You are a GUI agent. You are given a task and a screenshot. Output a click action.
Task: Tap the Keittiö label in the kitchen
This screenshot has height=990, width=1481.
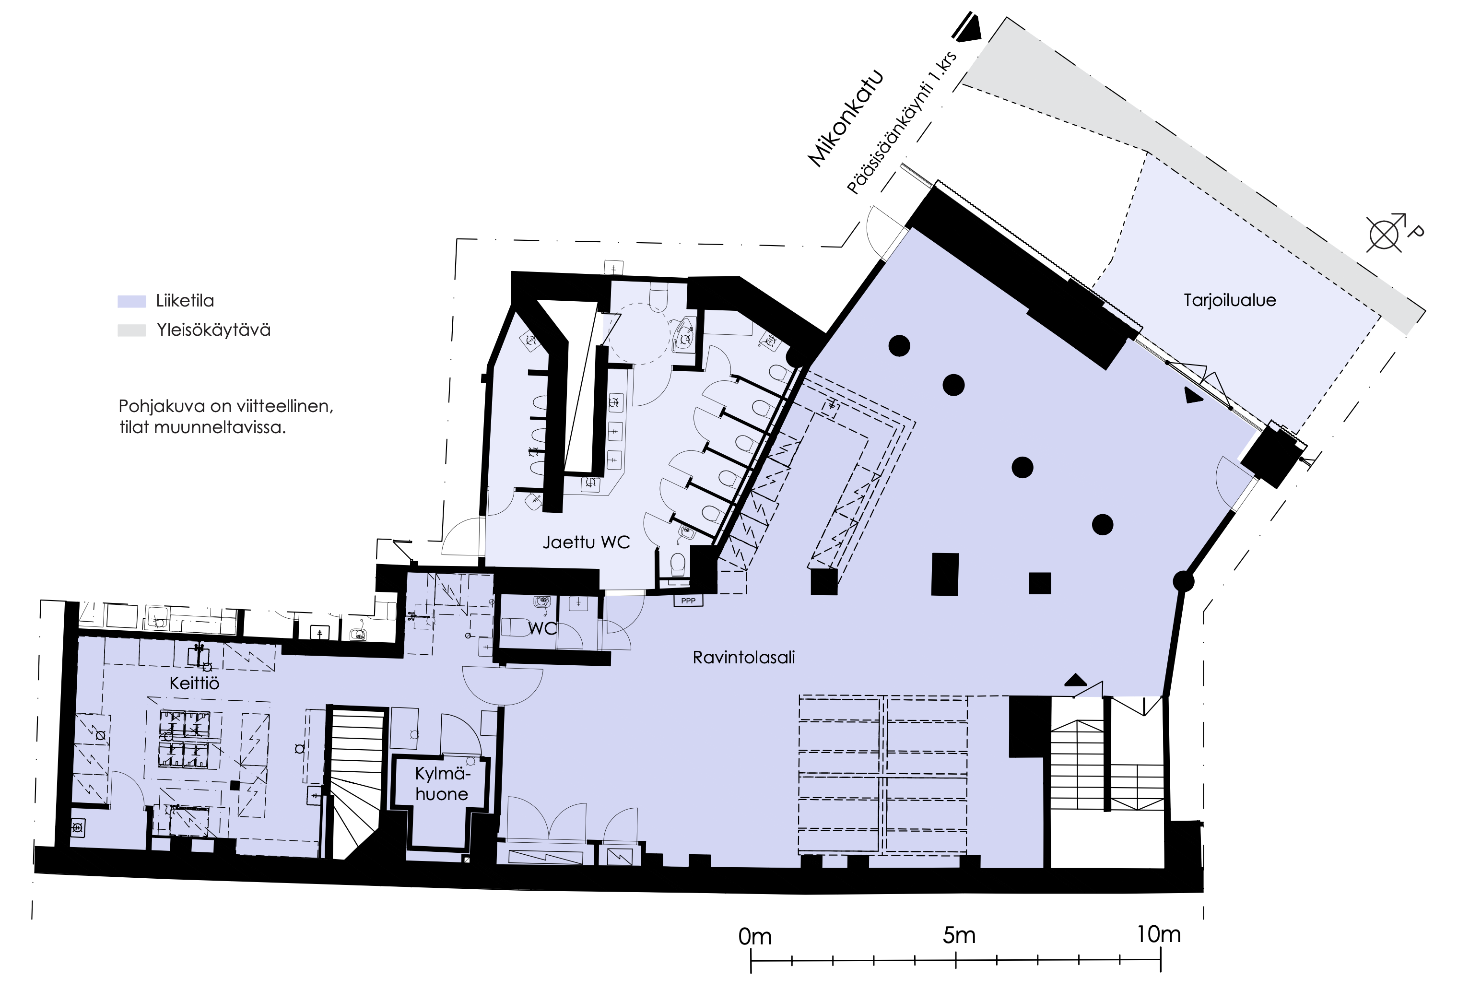pyautogui.click(x=194, y=683)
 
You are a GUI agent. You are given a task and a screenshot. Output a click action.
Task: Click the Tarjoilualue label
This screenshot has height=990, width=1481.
pyautogui.click(x=1230, y=300)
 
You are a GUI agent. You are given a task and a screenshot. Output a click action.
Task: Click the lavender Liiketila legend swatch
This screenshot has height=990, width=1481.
pyautogui.click(x=131, y=301)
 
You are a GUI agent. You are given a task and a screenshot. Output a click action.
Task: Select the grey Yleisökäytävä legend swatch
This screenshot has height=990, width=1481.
pyautogui.click(x=131, y=330)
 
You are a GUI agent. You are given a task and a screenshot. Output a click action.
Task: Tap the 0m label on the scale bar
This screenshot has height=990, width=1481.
pyautogui.click(x=755, y=936)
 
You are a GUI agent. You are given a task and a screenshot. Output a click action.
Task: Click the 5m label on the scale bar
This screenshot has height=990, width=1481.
pyautogui.click(x=959, y=935)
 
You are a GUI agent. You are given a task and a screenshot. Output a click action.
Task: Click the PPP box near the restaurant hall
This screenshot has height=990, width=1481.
pyautogui.click(x=688, y=601)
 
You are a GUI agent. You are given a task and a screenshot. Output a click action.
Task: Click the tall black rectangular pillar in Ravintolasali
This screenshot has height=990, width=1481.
pyautogui.click(x=945, y=574)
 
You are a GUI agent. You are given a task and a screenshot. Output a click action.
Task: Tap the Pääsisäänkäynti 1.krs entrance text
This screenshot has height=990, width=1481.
pyautogui.click(x=902, y=122)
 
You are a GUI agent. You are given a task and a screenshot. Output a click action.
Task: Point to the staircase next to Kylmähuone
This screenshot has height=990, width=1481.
pyautogui.click(x=355, y=783)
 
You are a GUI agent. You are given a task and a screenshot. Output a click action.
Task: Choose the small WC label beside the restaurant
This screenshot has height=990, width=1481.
pyautogui.click(x=543, y=628)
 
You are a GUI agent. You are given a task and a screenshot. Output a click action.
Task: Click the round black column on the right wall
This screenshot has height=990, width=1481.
pyautogui.click(x=1184, y=581)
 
